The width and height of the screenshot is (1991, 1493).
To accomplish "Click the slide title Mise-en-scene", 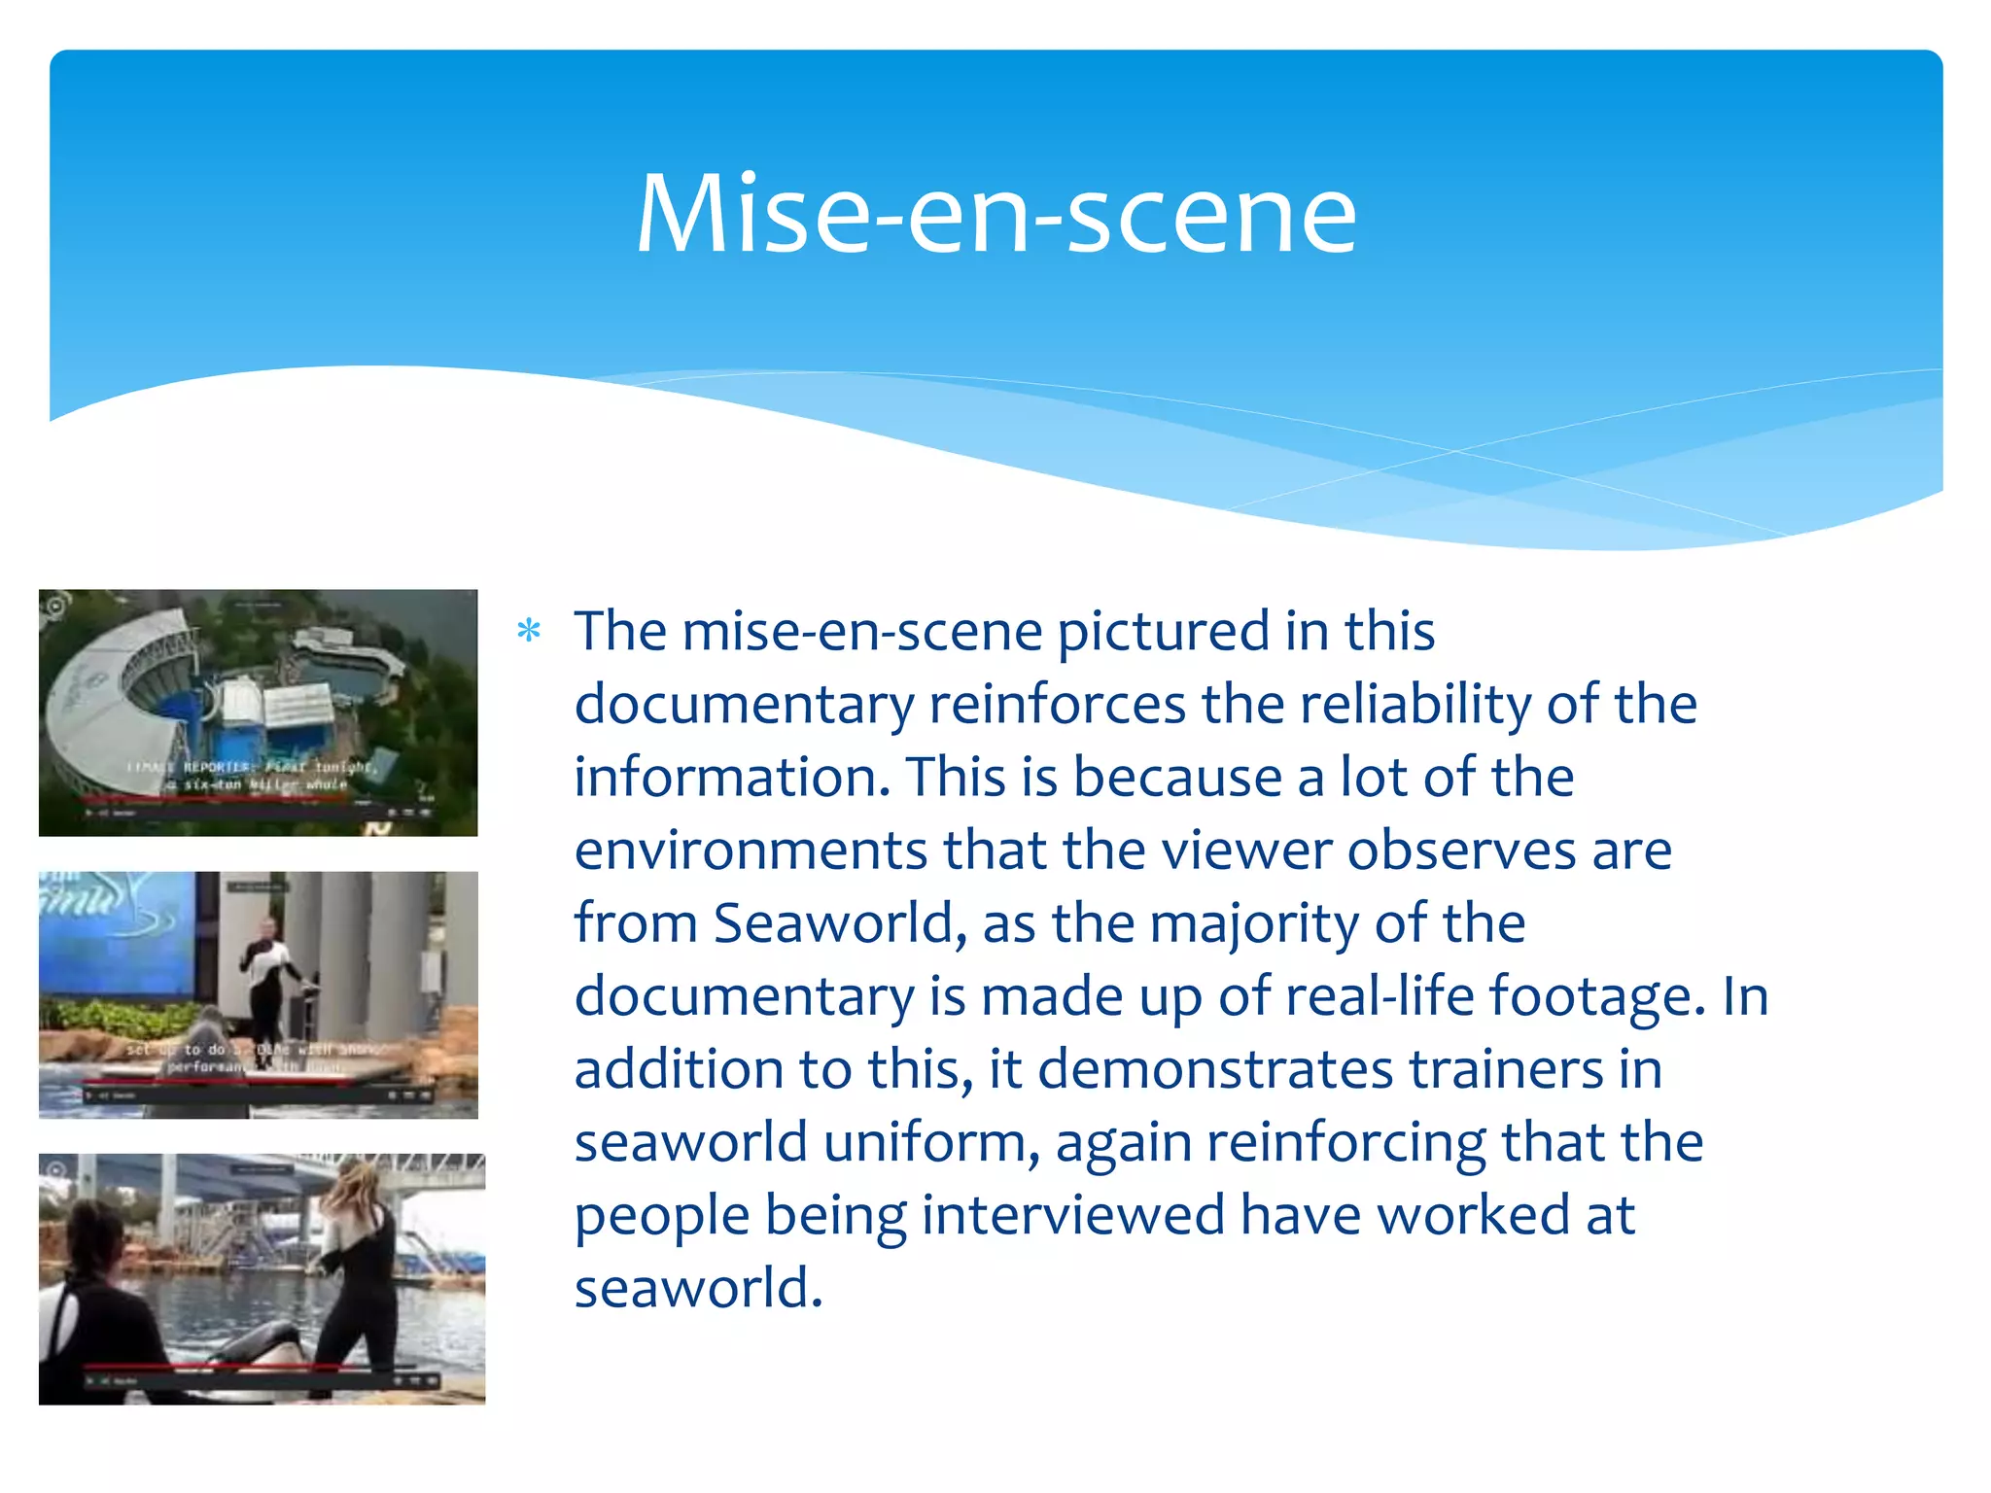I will (995, 214).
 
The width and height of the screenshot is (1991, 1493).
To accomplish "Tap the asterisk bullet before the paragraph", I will (529, 632).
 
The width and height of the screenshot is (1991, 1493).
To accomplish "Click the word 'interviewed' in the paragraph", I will (1073, 1215).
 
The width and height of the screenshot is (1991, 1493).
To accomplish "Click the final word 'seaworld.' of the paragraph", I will (698, 1288).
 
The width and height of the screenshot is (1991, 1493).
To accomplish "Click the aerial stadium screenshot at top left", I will (258, 712).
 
